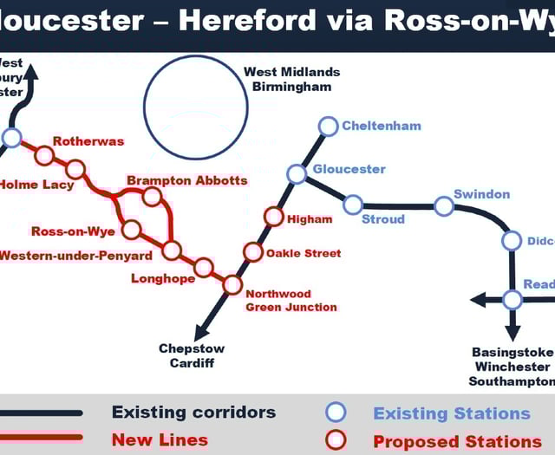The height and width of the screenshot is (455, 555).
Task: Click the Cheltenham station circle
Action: pyautogui.click(x=328, y=127)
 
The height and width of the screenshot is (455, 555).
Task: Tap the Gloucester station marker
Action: pyautogui.click(x=297, y=174)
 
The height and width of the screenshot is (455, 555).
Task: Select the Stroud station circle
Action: pyautogui.click(x=353, y=205)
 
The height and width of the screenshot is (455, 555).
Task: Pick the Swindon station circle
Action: pyautogui.click(x=444, y=206)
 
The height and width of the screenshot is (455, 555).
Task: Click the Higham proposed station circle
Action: pyautogui.click(x=274, y=217)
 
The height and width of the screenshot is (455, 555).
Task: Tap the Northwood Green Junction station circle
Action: pyautogui.click(x=232, y=284)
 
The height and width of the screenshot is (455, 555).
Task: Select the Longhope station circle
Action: pyautogui.click(x=203, y=267)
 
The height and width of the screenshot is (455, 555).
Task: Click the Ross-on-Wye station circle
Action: pyautogui.click(x=132, y=230)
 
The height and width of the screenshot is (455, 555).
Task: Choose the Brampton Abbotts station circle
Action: pyautogui.click(x=152, y=197)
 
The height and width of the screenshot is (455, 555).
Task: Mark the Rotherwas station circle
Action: pyautogui.click(x=44, y=156)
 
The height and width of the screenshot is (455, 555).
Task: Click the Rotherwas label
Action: pyautogui.click(x=88, y=141)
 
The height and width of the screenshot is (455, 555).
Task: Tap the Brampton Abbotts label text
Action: pyautogui.click(x=186, y=180)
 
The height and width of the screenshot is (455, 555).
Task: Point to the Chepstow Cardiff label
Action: pyautogui.click(x=192, y=355)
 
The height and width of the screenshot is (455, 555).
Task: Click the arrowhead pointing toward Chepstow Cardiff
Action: pyautogui.click(x=201, y=333)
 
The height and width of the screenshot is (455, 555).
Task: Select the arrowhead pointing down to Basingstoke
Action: pyautogui.click(x=513, y=333)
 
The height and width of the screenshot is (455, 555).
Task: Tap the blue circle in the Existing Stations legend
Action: pyautogui.click(x=336, y=413)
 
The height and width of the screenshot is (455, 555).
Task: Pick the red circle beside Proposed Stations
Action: pyautogui.click(x=336, y=440)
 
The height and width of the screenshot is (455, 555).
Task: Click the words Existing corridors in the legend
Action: pyautogui.click(x=193, y=413)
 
